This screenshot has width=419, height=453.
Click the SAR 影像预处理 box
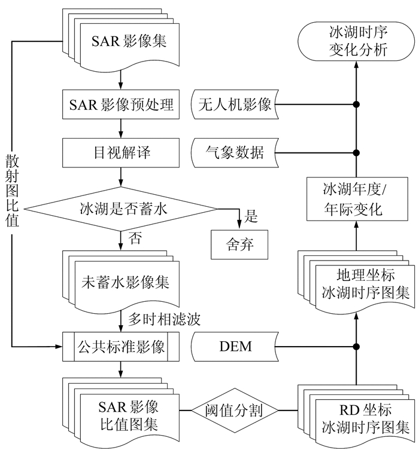pos(122,105)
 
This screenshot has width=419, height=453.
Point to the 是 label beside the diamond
pos(251,216)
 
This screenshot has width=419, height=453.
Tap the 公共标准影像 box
pos(122,346)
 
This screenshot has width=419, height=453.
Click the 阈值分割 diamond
pos(235,411)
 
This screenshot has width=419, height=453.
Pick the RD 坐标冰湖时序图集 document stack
pos(365,418)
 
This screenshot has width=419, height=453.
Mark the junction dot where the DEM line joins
pos(356,346)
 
